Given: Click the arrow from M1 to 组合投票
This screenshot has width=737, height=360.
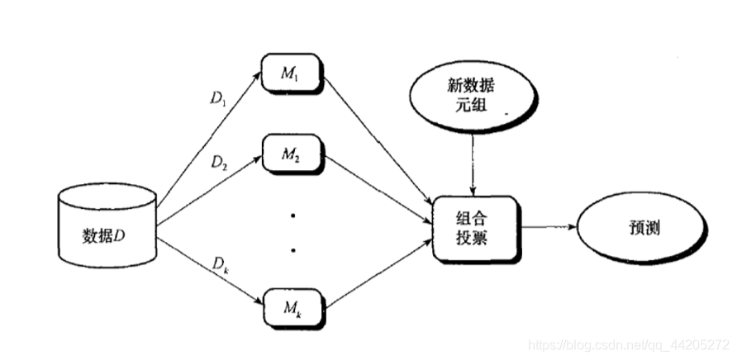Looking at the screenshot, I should click(378, 140).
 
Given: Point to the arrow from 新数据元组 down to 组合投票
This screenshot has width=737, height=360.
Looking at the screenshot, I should click(472, 165).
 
